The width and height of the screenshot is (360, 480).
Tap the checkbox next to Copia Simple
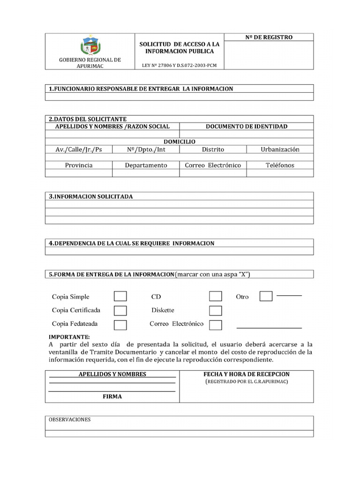pos(120,296)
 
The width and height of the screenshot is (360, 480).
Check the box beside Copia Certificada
pos(120,310)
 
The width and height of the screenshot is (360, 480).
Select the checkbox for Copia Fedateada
pos(120,324)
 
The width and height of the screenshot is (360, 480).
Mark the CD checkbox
pos(216,296)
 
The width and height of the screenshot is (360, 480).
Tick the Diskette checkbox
pos(216,310)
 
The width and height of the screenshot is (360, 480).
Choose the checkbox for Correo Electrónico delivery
pos(216,324)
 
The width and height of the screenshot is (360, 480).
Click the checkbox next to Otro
pos(266,296)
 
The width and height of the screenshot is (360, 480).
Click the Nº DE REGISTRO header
pos(269,37)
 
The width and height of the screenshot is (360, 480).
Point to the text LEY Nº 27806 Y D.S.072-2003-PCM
pos(180,66)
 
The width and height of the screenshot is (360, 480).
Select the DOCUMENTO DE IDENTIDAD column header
pos(247,127)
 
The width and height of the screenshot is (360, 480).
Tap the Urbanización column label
pos(280,150)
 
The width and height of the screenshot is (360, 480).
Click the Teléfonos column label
pos(280,165)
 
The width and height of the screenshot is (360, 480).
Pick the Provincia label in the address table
pos(79,165)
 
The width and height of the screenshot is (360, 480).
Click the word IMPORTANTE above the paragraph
pos(69,337)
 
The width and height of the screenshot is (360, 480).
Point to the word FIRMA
pos(112,396)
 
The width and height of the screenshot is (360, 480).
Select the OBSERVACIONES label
pos(70,420)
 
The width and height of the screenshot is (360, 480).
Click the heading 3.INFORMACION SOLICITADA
pos(91,196)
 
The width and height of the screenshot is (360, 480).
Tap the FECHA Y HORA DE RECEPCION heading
pos(247,374)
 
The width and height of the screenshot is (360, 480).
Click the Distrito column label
pos(213,150)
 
